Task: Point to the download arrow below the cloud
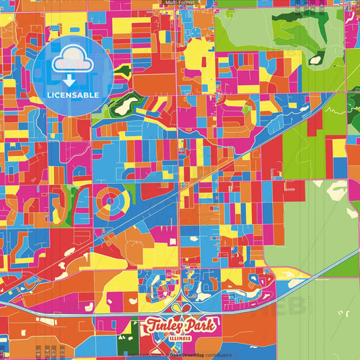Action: tap(68, 80)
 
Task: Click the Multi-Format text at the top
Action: tap(180, 3)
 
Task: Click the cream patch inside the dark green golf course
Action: tap(126, 104)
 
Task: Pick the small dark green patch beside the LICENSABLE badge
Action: tap(121, 70)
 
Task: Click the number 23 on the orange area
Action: tap(62, 351)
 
